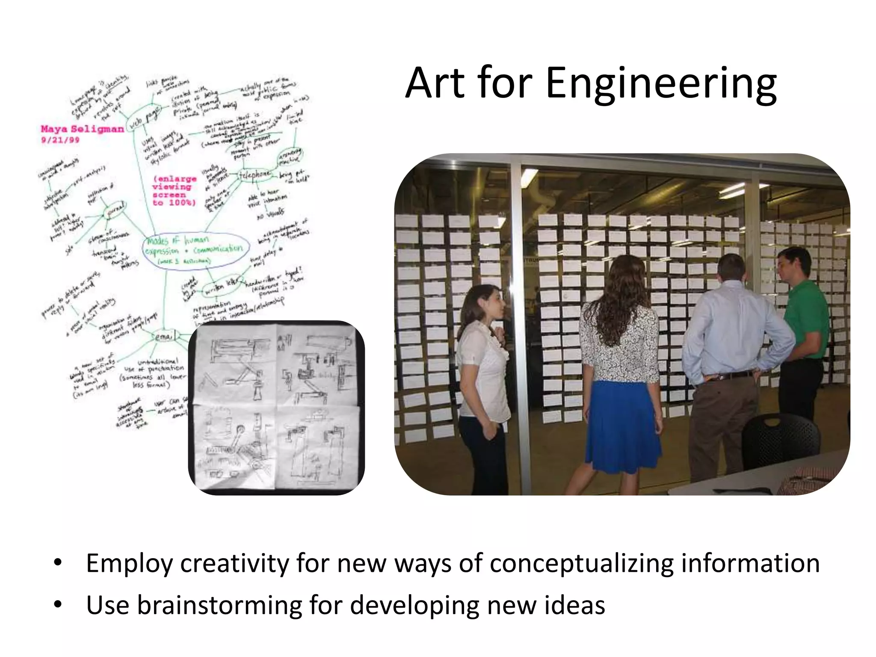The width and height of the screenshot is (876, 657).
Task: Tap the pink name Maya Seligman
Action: click(x=82, y=129)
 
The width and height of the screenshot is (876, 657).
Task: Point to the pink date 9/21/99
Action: click(x=60, y=140)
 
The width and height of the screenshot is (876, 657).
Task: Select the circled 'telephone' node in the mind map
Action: click(x=255, y=175)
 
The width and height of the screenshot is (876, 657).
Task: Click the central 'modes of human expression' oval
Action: click(x=196, y=250)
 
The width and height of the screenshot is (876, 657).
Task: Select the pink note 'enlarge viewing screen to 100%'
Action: click(x=174, y=191)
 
